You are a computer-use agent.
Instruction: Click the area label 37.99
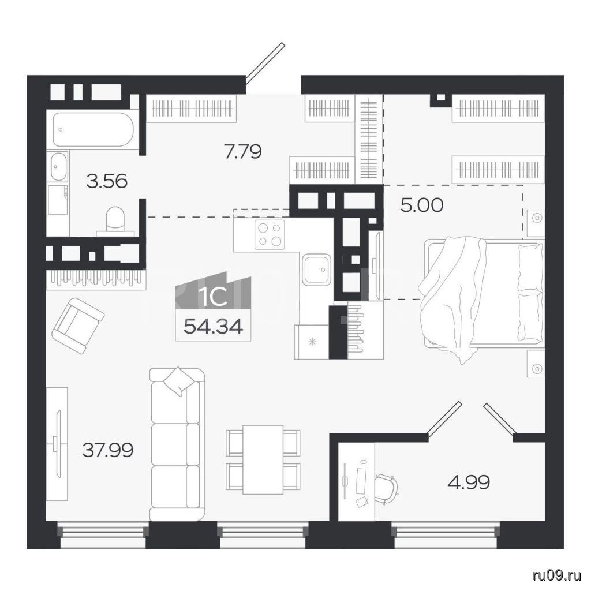[x=108, y=450]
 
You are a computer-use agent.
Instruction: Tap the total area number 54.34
[x=214, y=327]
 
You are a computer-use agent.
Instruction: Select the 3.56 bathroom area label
[x=107, y=182]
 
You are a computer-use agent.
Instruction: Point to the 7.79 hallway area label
[x=243, y=152]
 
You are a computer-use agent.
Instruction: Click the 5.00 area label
[x=422, y=206]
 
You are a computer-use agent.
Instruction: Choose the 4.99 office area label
[x=469, y=482]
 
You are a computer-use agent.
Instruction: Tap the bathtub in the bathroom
[x=93, y=130]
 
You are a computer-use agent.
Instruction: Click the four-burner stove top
[x=270, y=234]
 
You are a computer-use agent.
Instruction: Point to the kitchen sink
[x=317, y=269]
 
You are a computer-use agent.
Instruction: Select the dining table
[x=263, y=459]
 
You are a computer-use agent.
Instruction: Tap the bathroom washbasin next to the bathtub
[x=58, y=166]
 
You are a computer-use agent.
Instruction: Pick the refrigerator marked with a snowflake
[x=311, y=342]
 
